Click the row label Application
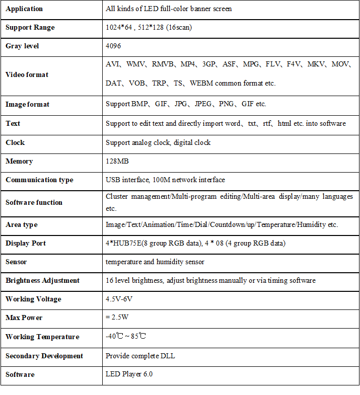[24, 9]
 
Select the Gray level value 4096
[113, 46]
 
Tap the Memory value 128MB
[117, 162]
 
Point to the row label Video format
[27, 74]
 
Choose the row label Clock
[15, 142]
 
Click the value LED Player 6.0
[129, 374]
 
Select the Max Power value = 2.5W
[117, 318]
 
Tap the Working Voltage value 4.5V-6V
[119, 299]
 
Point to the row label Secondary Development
[44, 356]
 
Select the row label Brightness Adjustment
[43, 281]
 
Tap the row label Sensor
[16, 262]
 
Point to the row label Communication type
[39, 180]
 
